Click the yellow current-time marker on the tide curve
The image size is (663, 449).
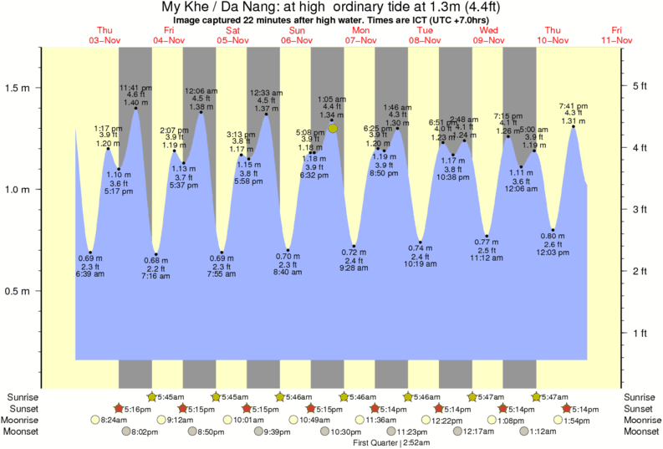click(x=333, y=128)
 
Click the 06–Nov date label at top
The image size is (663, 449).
click(x=297, y=40)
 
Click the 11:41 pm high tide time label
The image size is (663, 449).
click(x=135, y=87)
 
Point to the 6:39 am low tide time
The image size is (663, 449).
click(x=89, y=274)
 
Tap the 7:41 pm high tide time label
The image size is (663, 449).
click(x=573, y=105)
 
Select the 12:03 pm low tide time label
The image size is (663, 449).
click(x=553, y=252)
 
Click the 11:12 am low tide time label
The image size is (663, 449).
click(x=487, y=259)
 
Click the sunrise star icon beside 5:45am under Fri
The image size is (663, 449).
click(x=151, y=396)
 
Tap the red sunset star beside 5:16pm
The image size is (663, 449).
click(x=120, y=408)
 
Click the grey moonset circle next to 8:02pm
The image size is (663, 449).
click(x=127, y=431)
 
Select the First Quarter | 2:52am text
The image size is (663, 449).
click(x=386, y=441)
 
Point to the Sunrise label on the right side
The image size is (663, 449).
click(x=642, y=396)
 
